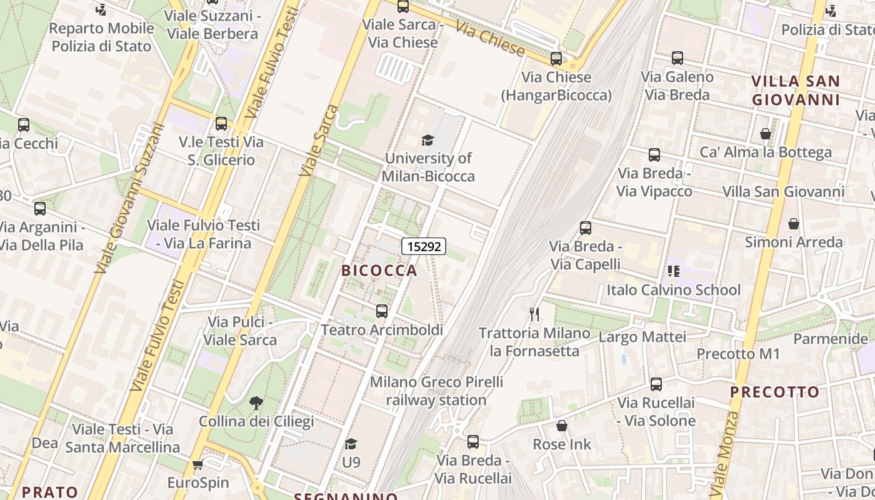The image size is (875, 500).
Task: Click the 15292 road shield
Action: [424, 246]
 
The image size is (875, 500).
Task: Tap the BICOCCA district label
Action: [379, 270]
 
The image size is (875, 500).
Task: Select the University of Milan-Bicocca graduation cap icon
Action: [427, 140]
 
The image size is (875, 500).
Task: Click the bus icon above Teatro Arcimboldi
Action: [381, 311]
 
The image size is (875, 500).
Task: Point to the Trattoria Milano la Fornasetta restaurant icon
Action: [534, 314]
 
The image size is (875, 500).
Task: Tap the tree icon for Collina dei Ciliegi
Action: [256, 403]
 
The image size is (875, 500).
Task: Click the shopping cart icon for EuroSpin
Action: [198, 464]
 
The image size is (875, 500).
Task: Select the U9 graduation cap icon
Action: [351, 444]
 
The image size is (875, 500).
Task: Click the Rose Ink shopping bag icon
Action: [561, 426]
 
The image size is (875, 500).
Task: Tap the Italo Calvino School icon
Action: [673, 271]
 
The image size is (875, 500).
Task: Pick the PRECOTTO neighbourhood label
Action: [774, 392]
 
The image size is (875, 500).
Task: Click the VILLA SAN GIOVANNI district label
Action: [795, 91]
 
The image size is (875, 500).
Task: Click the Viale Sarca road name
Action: [319, 141]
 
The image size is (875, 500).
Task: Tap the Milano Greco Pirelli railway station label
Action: [436, 391]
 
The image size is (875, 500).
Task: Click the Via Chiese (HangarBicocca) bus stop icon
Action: [556, 59]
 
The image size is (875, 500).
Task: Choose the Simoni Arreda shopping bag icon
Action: [793, 224]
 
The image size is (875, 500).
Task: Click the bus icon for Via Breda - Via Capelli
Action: [585, 228]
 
